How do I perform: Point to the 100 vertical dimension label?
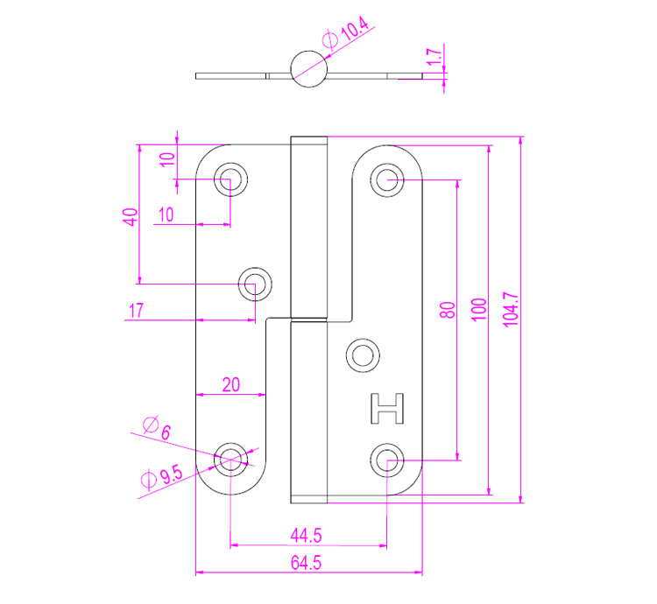point(478,311)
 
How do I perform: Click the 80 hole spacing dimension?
point(447,311)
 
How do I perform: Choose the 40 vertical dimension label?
point(130,216)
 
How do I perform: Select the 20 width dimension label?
point(230,383)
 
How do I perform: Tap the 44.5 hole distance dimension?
point(308,533)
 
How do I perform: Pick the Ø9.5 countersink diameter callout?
point(160,478)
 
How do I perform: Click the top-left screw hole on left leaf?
point(231,180)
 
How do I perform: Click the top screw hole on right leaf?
point(386,180)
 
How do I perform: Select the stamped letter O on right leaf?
point(362,355)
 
